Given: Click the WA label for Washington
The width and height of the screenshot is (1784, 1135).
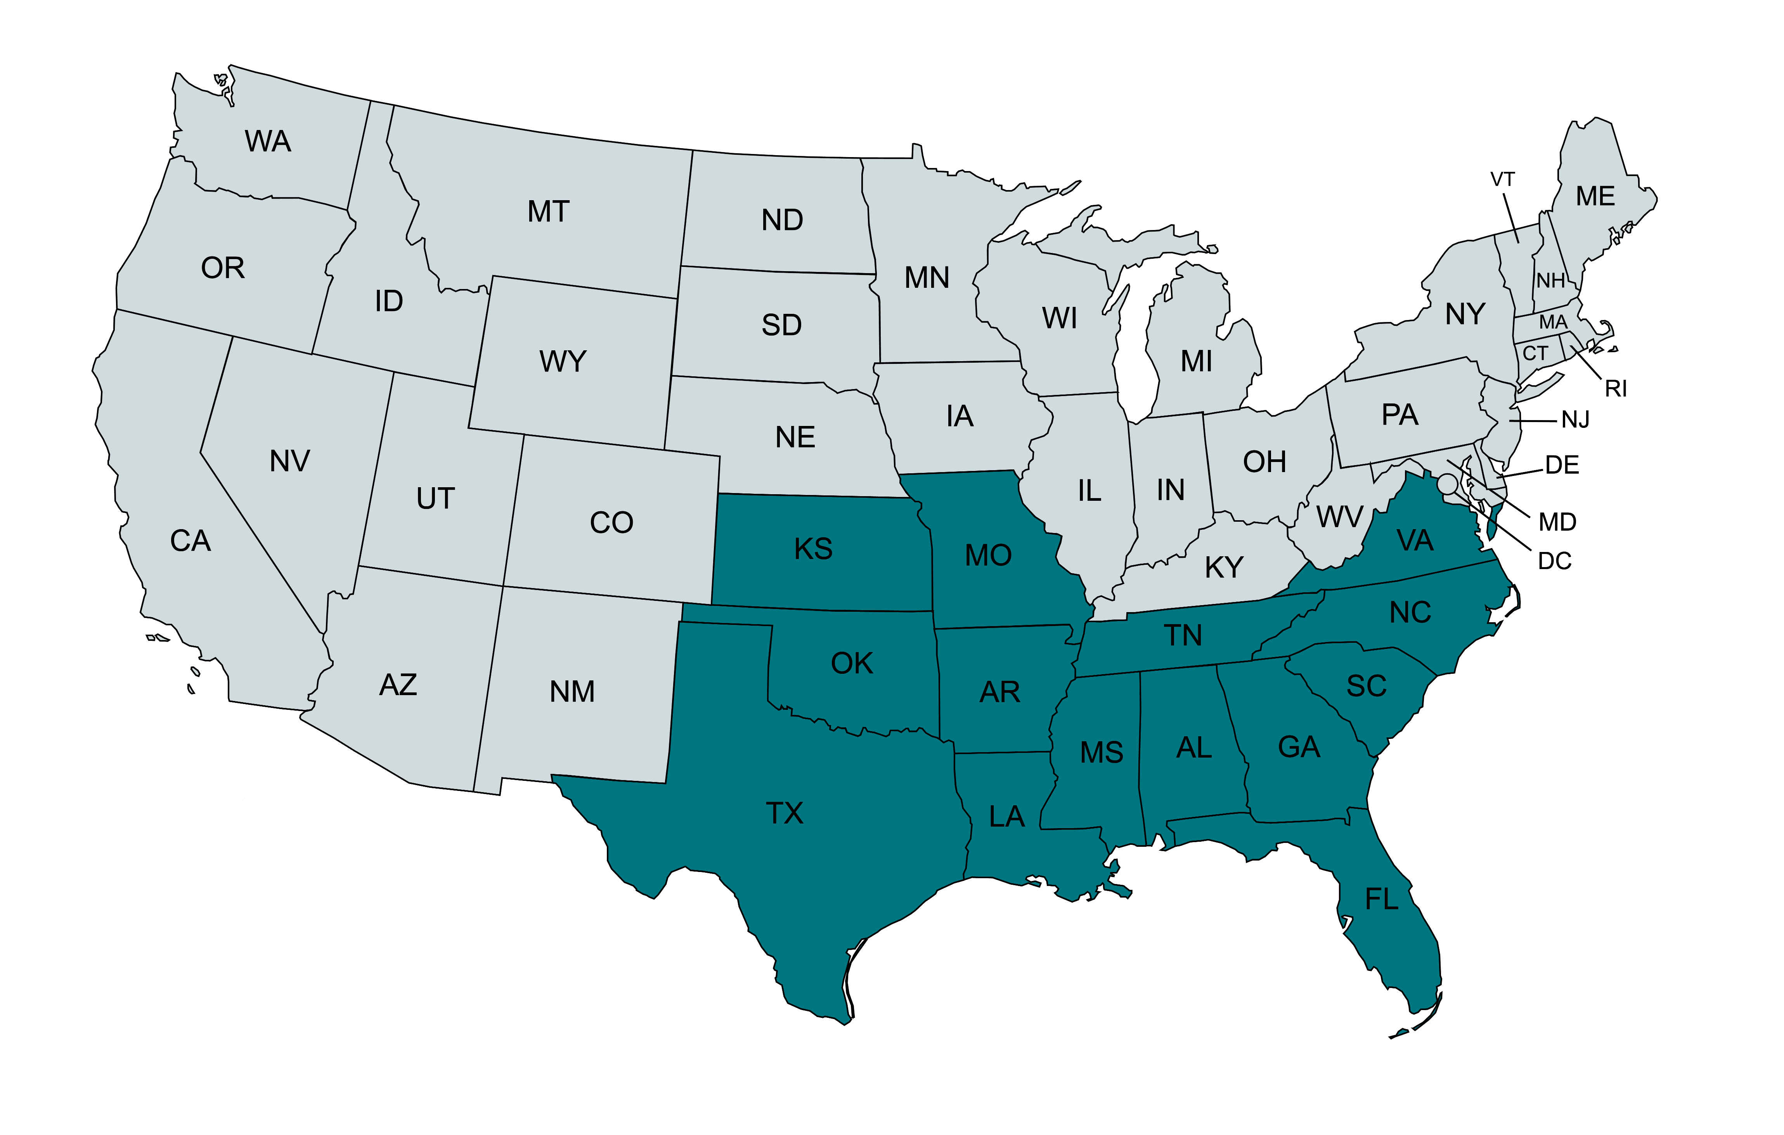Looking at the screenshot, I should click(268, 141).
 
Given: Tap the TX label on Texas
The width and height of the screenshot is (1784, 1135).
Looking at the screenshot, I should click(785, 813).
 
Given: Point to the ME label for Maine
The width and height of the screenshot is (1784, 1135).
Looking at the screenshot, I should click(1595, 196).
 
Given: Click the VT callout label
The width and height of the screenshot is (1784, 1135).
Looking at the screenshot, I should click(1502, 179).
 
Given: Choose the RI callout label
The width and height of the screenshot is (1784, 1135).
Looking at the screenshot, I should click(1616, 388).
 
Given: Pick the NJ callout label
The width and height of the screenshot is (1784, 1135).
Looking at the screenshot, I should click(1575, 420).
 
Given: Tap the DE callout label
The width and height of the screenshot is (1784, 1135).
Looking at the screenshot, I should click(1562, 465).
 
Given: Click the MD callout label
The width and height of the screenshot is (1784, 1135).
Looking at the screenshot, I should click(1557, 522).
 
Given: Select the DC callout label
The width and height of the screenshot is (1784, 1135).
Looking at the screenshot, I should click(1554, 561).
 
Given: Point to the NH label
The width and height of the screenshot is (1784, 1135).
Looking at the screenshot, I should click(1551, 281).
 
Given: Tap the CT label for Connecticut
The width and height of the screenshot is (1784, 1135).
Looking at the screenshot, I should click(1535, 353).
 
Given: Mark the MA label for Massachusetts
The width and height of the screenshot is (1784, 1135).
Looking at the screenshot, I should click(1553, 322).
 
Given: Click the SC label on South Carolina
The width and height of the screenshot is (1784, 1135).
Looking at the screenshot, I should click(1366, 686).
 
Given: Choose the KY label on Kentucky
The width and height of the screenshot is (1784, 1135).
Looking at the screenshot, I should click(1224, 567).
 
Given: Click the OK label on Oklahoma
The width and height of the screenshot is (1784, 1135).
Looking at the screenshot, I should click(852, 663).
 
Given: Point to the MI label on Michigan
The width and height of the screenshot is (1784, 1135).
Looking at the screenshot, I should click(1197, 362).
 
